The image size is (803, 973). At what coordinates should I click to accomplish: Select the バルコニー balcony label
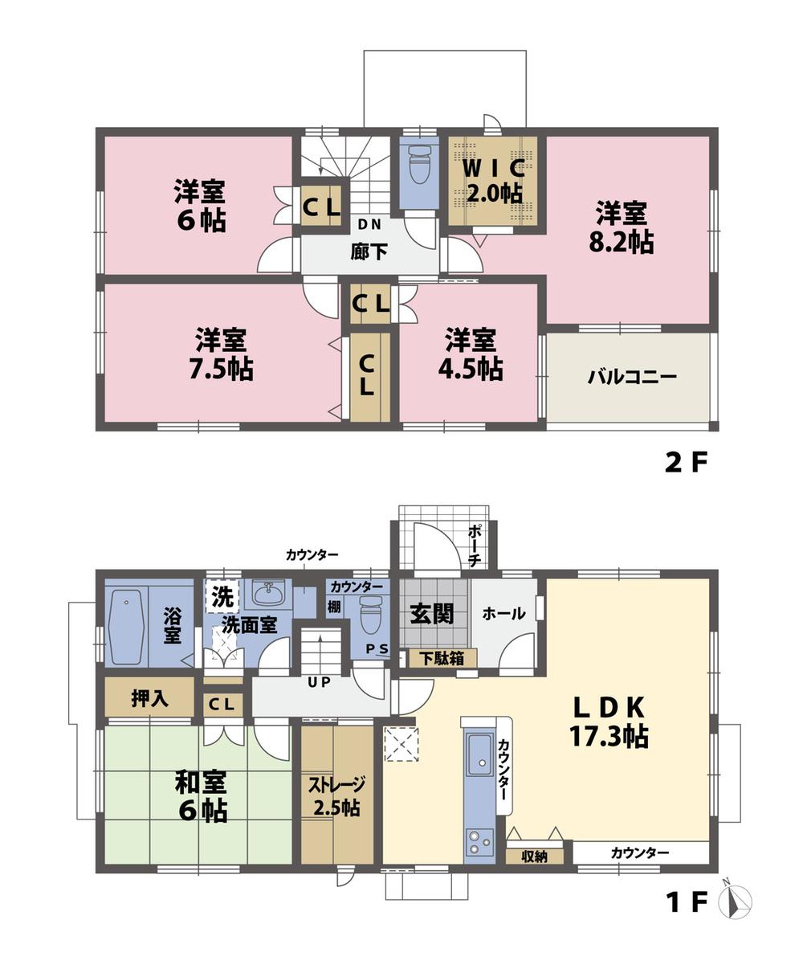pyautogui.click(x=632, y=377)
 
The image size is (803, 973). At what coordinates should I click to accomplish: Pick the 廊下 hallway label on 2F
pyautogui.click(x=369, y=251)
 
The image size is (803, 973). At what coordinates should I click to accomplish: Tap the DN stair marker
pyautogui.click(x=369, y=224)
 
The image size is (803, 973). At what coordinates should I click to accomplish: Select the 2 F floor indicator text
pyautogui.click(x=685, y=464)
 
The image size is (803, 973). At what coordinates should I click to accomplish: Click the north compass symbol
pyautogui.click(x=736, y=901)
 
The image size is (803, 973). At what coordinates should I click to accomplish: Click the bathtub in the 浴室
pyautogui.click(x=126, y=628)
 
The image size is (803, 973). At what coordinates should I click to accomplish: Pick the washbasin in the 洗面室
pyautogui.click(x=267, y=594)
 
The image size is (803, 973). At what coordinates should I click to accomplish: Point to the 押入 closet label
pyautogui.click(x=149, y=698)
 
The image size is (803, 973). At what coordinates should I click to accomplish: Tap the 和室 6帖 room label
pyautogui.click(x=201, y=795)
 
